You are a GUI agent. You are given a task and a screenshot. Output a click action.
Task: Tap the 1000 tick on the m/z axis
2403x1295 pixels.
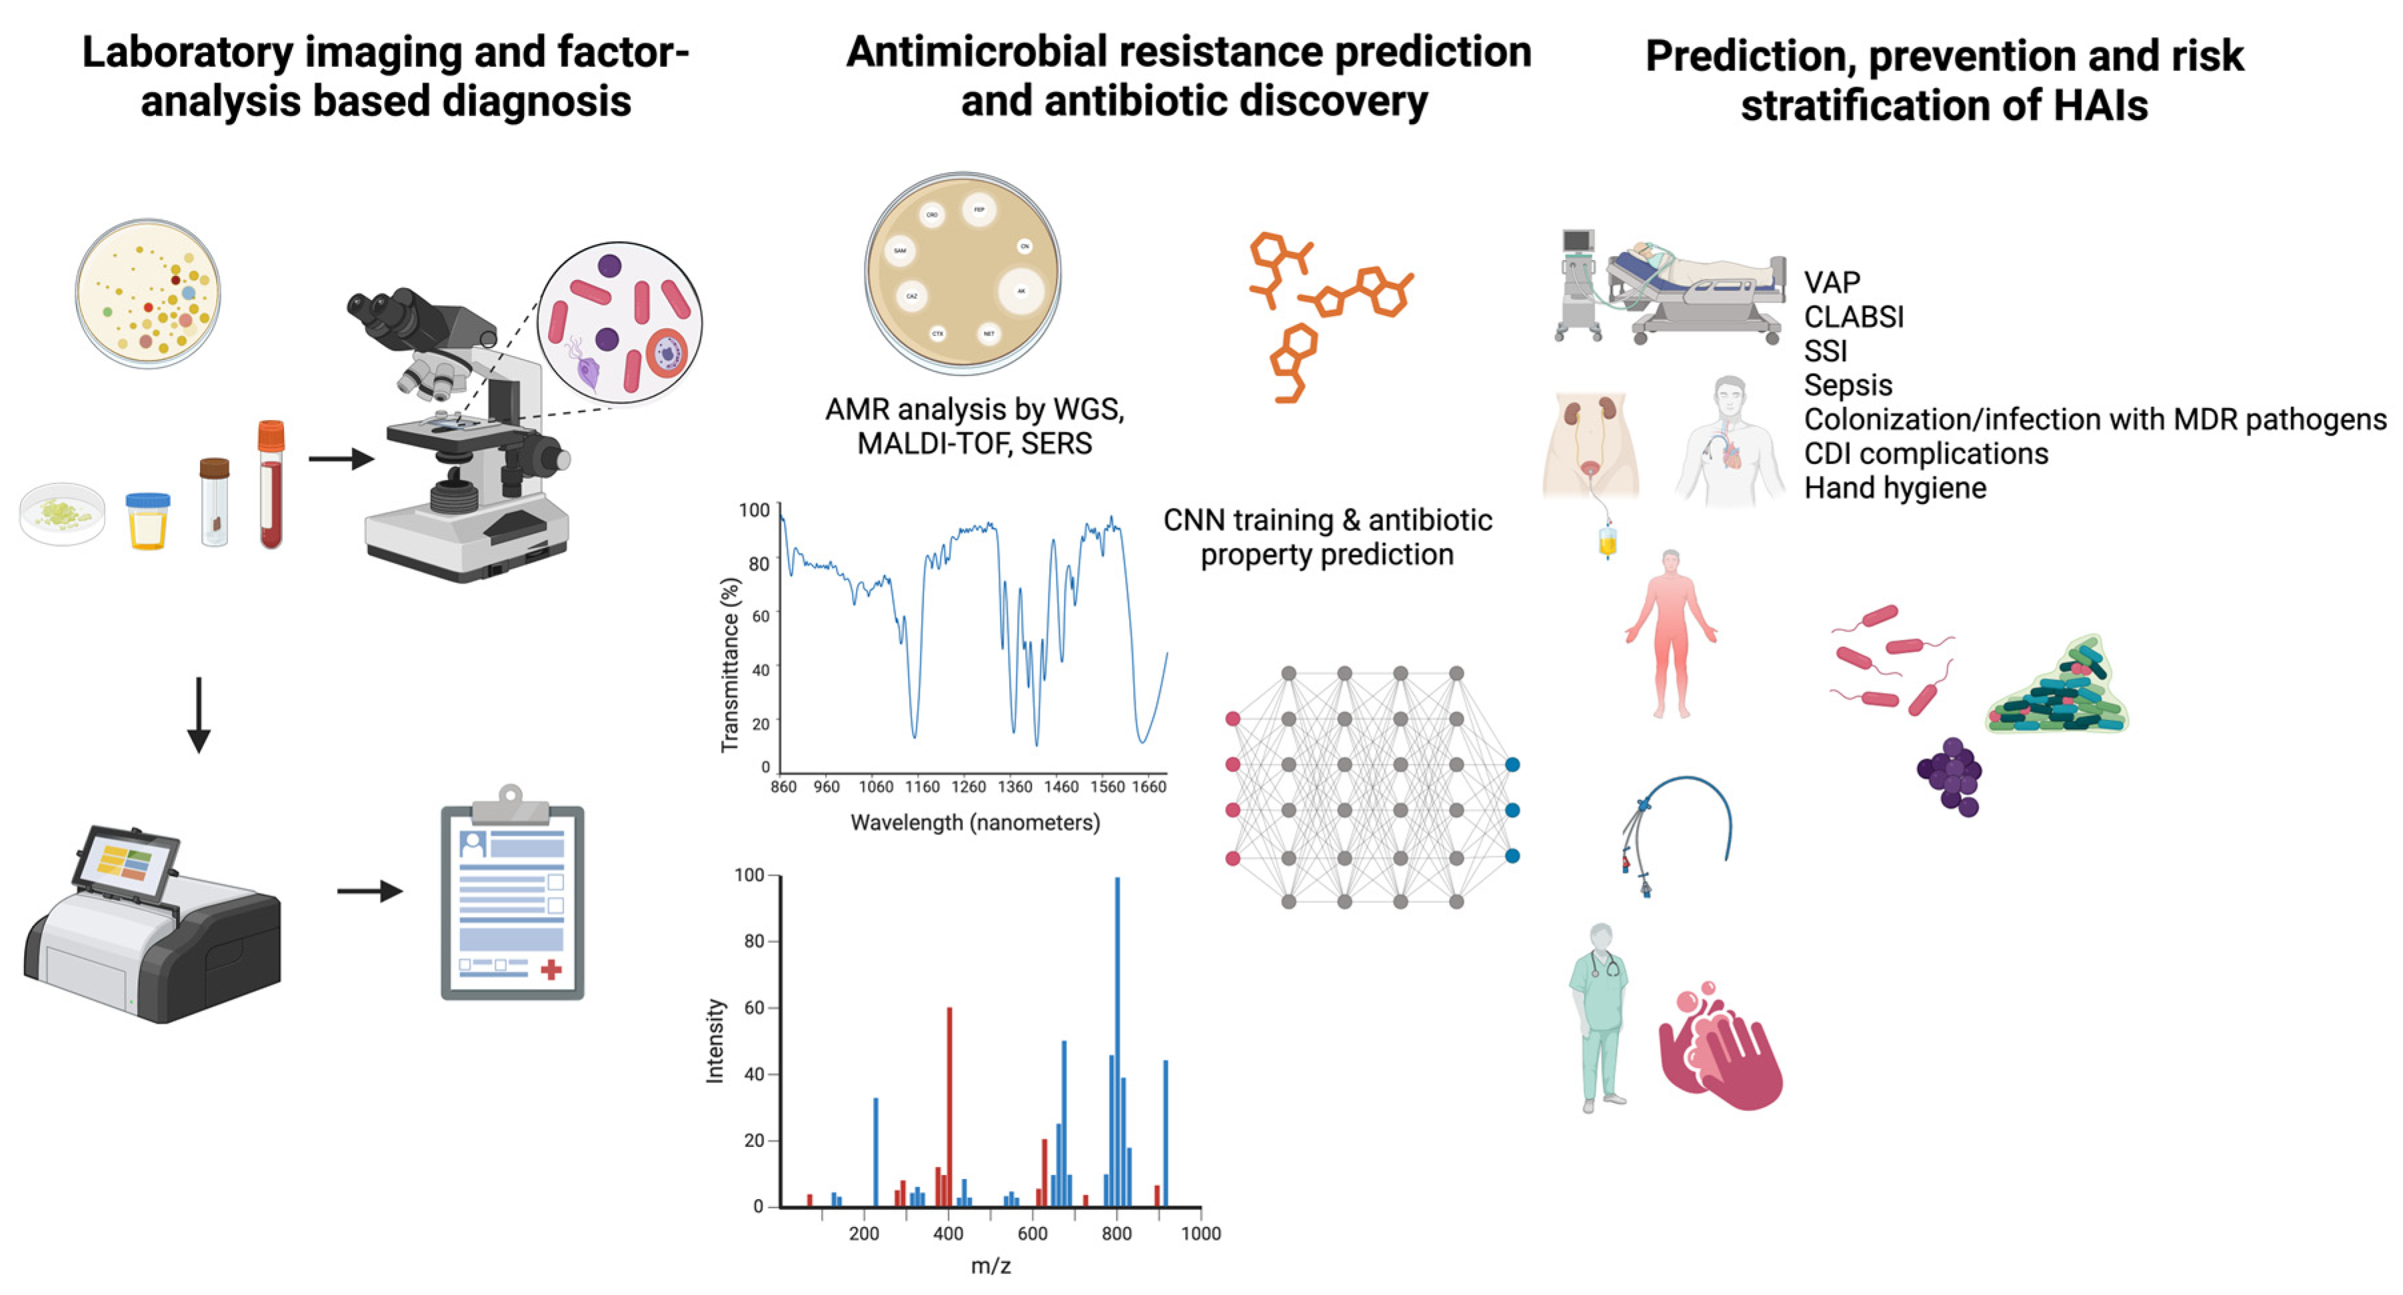tap(1201, 1234)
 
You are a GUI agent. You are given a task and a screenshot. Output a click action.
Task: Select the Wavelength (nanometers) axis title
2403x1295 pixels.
tap(975, 823)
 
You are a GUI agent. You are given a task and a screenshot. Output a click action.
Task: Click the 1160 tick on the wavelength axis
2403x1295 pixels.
tap(922, 786)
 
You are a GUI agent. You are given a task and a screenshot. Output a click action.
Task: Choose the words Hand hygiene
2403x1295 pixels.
tap(1894, 488)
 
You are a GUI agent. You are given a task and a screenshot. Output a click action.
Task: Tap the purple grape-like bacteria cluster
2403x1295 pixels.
tap(1950, 774)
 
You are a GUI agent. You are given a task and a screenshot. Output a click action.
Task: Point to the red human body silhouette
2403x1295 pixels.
tap(1670, 634)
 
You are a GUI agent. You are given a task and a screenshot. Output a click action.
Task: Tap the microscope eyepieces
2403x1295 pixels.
tap(383, 308)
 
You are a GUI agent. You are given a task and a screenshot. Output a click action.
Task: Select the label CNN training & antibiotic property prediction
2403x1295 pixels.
tap(1326, 537)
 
